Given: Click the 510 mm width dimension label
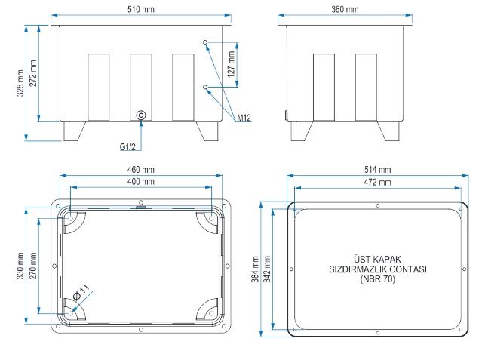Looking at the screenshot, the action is tap(141, 9).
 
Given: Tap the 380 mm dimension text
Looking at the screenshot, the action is tap(345, 9).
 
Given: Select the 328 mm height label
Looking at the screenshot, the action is tap(20, 83).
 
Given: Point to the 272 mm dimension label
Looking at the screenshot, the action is tap(33, 73).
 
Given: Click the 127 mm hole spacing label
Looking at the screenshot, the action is tap(232, 64).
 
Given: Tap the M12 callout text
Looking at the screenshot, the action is tap(244, 118).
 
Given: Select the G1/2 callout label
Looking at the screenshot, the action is tap(127, 147).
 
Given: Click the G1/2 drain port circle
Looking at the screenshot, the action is tap(141, 115).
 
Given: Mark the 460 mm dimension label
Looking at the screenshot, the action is tap(141, 170).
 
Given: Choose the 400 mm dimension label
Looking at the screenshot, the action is tap(141, 182).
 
